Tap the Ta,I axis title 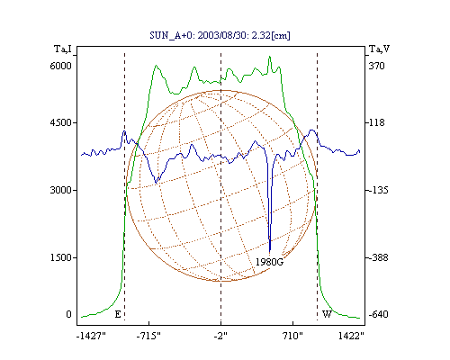63,49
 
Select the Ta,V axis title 379,49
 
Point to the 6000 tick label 60,66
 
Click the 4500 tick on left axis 60,122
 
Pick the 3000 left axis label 60,190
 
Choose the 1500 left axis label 60,257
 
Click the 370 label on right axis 376,66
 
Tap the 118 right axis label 376,122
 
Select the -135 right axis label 378,190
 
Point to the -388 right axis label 378,257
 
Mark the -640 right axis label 378,314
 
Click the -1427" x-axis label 91,336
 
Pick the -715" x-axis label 148,336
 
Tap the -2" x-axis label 220,336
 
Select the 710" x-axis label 292,336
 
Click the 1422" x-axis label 351,336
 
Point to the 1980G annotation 269,262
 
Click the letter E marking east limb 118,314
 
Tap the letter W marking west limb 327,314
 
